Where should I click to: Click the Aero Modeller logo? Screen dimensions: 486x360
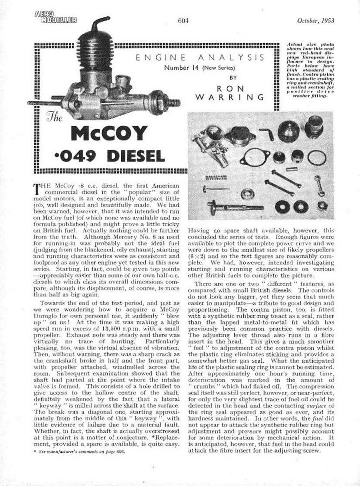pyautogui.click(x=56, y=17)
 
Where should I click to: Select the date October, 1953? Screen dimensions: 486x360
pyautogui.click(x=315, y=20)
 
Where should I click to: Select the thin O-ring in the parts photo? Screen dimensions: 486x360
pyautogui.click(x=316, y=158)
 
